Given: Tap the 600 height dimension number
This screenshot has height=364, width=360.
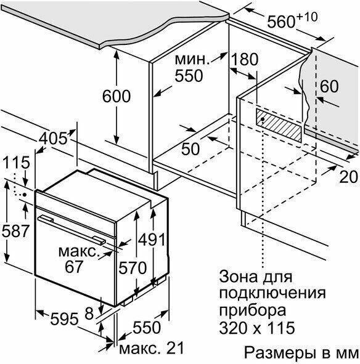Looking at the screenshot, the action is click(x=117, y=96).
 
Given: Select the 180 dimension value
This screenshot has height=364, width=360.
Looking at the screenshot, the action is click(x=245, y=59).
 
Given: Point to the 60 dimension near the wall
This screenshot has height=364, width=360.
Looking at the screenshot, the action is click(x=329, y=86).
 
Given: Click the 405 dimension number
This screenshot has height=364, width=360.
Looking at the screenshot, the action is click(x=53, y=139).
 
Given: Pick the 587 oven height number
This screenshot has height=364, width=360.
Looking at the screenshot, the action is click(x=15, y=231).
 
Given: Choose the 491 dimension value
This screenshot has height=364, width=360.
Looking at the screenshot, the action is click(x=152, y=240).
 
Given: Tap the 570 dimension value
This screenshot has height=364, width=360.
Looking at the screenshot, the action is click(x=133, y=268).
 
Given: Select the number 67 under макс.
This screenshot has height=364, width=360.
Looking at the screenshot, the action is click(x=74, y=267).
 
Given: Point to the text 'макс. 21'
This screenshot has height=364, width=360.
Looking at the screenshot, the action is click(x=151, y=348).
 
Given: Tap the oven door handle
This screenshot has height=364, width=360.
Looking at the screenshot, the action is click(x=72, y=229).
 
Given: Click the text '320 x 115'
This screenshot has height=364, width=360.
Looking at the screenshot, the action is click(x=257, y=328).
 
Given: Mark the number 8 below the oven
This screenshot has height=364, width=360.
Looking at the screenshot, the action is click(x=89, y=313).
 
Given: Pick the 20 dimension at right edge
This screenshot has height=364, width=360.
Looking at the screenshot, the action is click(x=349, y=177).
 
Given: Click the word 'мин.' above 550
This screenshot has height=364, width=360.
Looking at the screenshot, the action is click(x=192, y=60).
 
